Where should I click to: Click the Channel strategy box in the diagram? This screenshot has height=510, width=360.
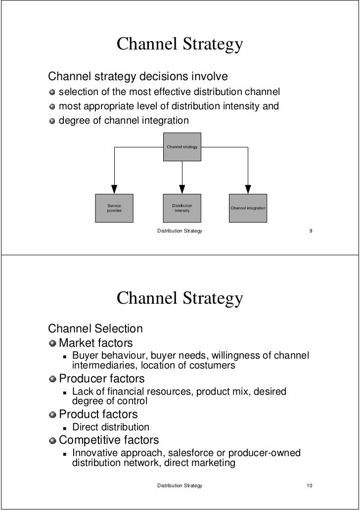182,146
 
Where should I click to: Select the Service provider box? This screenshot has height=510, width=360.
114,208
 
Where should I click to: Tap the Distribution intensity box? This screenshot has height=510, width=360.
182,208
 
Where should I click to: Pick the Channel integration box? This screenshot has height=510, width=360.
248,208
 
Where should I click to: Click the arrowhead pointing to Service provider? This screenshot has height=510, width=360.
114,189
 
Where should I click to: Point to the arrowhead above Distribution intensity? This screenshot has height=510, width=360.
182,189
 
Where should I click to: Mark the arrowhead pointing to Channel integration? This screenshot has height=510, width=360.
248,189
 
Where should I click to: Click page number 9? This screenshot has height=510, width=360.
310,231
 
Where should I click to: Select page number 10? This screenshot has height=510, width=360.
310,486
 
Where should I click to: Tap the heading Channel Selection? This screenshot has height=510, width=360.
95,328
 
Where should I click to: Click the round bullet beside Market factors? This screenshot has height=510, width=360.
52,342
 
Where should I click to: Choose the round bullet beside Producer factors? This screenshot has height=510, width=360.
52,379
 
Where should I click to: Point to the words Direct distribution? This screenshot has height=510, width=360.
110,427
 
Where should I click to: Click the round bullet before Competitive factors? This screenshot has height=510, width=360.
52,440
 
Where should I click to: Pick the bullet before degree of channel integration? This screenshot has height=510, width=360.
52,120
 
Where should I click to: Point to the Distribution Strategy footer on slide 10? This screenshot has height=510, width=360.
180,486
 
